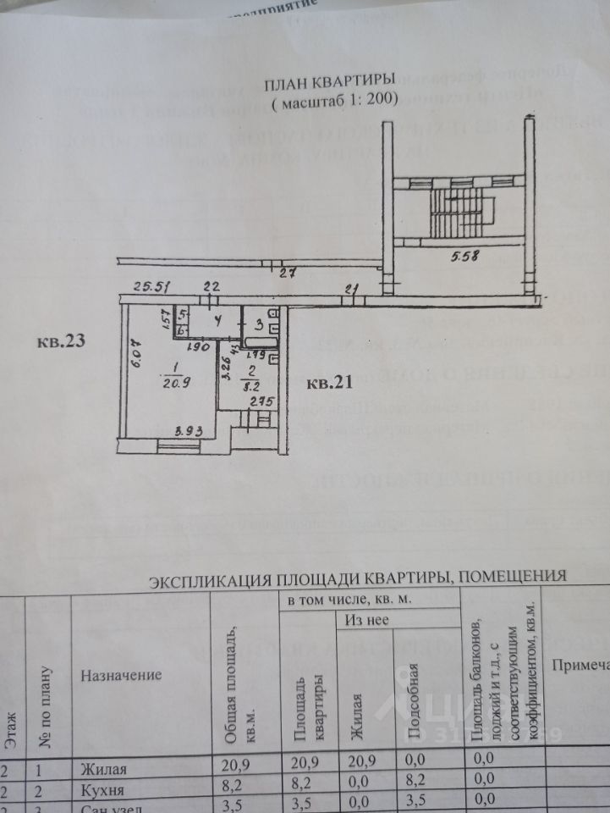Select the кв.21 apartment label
(330, 383)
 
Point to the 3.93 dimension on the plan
(188, 432)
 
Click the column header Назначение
(120, 676)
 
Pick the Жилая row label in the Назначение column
(103, 769)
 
